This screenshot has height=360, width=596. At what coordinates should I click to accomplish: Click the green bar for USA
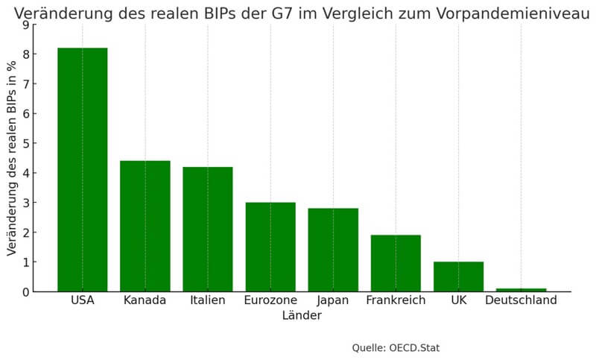[82, 169]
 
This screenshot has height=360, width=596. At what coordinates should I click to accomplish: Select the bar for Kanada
[145, 226]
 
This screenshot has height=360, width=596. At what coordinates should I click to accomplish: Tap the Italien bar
[208, 229]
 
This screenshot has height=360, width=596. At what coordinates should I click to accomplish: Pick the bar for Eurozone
[270, 247]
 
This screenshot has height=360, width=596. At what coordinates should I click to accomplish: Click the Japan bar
[333, 250]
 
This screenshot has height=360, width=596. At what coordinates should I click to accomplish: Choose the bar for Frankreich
[396, 263]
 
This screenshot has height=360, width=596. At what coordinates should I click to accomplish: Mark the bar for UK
[458, 277]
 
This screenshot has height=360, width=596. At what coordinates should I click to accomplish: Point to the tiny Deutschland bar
[521, 290]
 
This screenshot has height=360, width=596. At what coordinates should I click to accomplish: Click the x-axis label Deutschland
[521, 300]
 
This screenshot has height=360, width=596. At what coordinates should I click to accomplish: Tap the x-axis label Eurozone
[270, 300]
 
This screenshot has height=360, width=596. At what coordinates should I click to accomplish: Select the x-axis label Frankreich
[396, 300]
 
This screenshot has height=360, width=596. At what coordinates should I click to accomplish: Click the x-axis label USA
[82, 300]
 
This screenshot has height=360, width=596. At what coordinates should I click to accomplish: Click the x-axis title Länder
[302, 316]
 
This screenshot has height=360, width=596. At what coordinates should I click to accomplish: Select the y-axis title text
[12, 158]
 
